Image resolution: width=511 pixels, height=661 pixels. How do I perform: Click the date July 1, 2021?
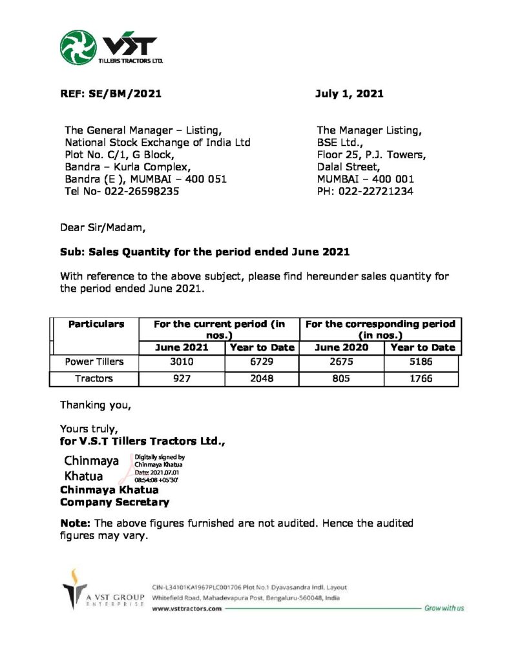click(349, 94)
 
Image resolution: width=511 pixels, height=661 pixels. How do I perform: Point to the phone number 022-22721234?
click(376, 191)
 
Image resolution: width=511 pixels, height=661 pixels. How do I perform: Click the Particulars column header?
click(96, 324)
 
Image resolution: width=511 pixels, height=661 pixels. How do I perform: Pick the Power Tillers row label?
click(94, 362)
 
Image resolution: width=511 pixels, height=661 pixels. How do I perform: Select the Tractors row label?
click(94, 379)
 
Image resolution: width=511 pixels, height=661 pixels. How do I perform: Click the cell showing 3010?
click(182, 362)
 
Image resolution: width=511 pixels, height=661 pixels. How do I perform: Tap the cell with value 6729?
click(262, 362)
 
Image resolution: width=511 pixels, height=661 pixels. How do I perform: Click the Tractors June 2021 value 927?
click(182, 379)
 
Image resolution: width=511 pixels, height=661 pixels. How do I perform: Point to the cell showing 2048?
click(262, 379)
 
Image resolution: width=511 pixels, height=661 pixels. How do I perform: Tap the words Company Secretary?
click(114, 502)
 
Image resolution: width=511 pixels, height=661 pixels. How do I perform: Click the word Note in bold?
click(74, 523)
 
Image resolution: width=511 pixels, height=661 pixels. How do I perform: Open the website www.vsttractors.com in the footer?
click(187, 608)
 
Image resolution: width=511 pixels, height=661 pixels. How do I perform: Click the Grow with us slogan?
click(444, 608)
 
